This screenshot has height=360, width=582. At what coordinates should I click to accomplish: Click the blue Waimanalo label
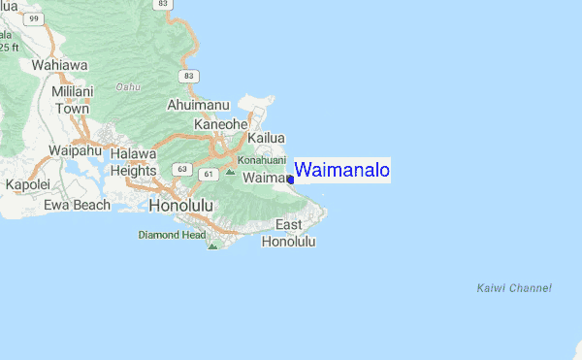click(x=341, y=171)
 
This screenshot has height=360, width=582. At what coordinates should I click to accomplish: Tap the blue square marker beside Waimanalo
click(x=290, y=180)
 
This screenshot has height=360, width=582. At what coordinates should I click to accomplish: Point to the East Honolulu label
click(x=289, y=233)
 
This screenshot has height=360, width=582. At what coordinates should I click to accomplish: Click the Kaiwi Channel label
click(x=514, y=288)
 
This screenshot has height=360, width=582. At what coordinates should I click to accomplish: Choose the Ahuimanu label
click(x=198, y=104)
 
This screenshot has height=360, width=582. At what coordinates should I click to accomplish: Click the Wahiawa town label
click(x=59, y=65)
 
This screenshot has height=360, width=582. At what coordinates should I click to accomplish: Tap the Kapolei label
click(x=27, y=184)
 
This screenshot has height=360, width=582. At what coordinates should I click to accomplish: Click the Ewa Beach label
click(x=78, y=205)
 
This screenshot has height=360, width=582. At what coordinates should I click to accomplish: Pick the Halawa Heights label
click(x=133, y=162)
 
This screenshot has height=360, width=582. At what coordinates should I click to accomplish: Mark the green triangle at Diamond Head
click(x=212, y=245)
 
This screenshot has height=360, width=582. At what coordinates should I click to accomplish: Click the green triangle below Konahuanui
click(x=230, y=172)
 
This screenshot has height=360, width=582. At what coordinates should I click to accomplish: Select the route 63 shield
click(x=181, y=169)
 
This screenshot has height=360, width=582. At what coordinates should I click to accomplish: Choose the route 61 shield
click(x=207, y=174)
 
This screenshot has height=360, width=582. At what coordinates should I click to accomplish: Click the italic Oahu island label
click(x=129, y=86)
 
